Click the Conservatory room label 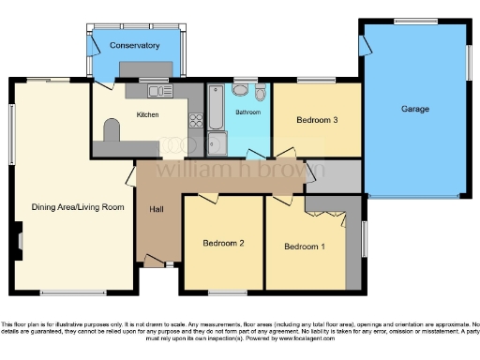[x=133, y=45]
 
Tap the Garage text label [x=415, y=110]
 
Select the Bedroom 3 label [x=317, y=120]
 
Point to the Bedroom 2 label [x=223, y=244]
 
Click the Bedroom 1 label [x=305, y=247]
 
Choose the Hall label [x=157, y=209]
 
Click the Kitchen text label [x=148, y=114]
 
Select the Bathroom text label [x=247, y=112]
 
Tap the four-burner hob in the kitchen [x=197, y=119]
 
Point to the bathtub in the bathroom [x=216, y=108]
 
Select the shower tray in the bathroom [x=217, y=143]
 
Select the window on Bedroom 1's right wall [x=365, y=242]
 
